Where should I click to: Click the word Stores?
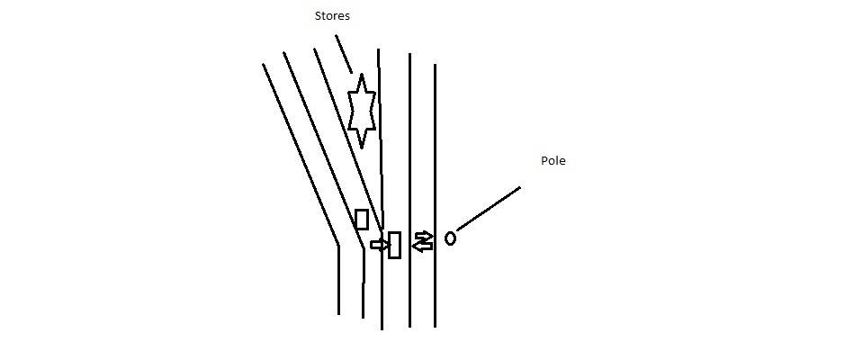point(332,15)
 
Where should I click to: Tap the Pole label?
point(553,161)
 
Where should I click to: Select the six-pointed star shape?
point(361,111)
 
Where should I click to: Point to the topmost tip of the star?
point(361,75)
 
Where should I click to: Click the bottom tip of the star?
point(362,147)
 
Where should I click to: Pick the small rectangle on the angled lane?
point(362,219)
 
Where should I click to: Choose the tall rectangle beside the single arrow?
point(394,245)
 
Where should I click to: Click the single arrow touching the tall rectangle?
point(379,244)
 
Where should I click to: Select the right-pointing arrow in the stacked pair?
point(423,237)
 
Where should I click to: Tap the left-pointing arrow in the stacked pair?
point(422,246)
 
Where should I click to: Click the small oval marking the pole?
point(450,238)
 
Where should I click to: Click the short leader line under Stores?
point(344,54)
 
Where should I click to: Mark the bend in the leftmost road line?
point(338,244)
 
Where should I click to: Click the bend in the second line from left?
point(363,247)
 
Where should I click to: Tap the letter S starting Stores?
point(318,15)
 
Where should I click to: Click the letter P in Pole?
point(544,161)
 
